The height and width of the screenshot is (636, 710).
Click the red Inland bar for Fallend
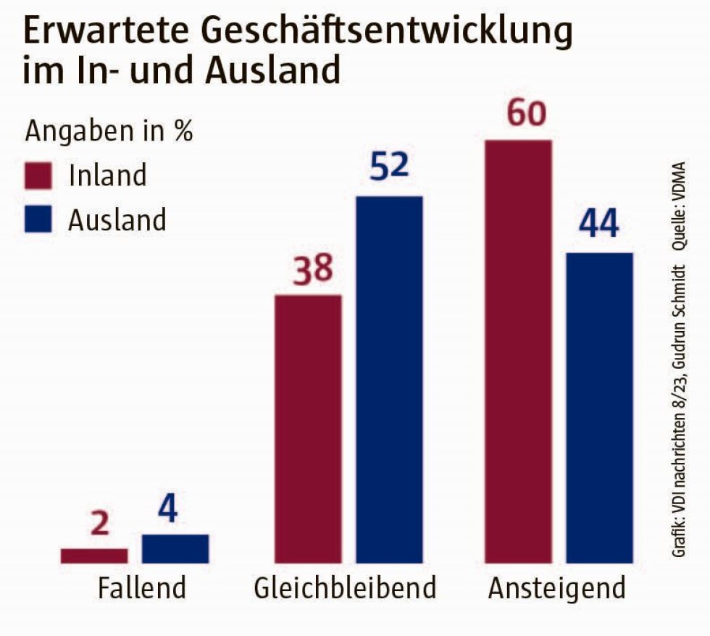click(94, 556)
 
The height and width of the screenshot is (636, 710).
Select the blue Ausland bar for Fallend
click(175, 548)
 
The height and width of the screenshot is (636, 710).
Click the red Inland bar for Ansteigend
click(518, 351)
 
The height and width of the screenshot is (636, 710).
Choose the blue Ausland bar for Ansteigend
click(599, 408)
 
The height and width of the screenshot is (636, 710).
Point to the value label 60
click(526, 114)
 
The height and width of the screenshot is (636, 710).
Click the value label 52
click(389, 167)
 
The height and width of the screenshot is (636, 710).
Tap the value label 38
click(312, 269)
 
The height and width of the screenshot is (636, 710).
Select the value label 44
click(598, 225)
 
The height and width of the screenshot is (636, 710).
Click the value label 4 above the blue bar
click(167, 510)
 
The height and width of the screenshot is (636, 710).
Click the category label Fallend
click(142, 588)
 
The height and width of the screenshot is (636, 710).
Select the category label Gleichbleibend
click(345, 588)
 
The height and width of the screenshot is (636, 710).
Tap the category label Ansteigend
click(556, 588)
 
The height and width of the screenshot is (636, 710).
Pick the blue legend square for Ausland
click(39, 219)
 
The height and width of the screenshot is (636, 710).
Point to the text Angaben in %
click(109, 132)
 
